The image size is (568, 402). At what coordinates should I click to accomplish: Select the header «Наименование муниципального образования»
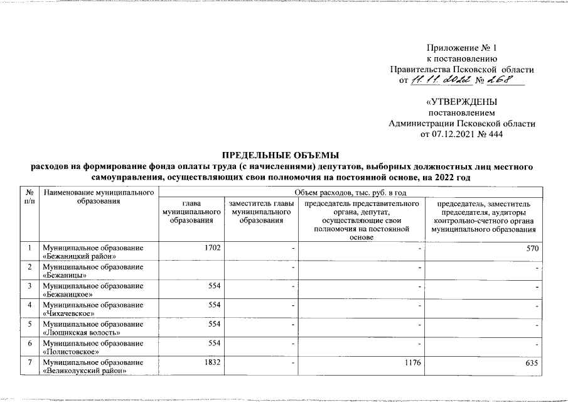(99, 195)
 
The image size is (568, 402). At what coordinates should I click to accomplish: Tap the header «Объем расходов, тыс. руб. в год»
(351, 191)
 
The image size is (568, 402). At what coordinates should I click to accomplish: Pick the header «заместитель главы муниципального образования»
(262, 214)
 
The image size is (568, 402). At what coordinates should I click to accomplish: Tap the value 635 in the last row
(533, 363)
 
